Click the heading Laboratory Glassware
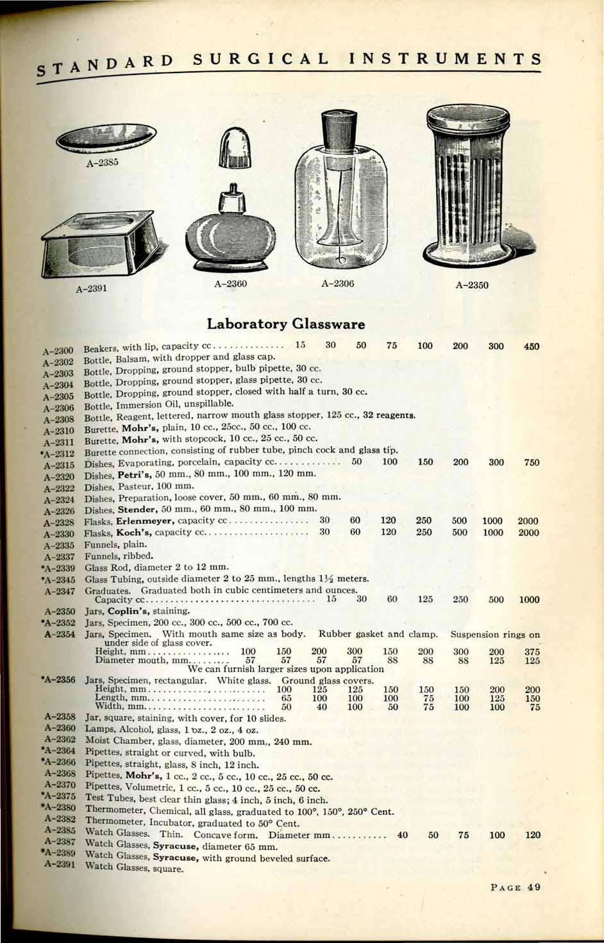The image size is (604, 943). [x=285, y=324]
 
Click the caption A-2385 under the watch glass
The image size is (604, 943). [x=103, y=162]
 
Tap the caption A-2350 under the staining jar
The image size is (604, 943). [x=472, y=285]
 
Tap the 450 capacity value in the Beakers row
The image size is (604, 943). [x=531, y=346]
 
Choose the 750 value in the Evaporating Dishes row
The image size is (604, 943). [x=532, y=462]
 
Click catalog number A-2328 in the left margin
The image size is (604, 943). [x=60, y=522]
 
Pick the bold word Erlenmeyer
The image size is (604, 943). [x=145, y=521]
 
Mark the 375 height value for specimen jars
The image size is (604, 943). [x=532, y=651]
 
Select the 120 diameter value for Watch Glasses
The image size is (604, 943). [x=532, y=835]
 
